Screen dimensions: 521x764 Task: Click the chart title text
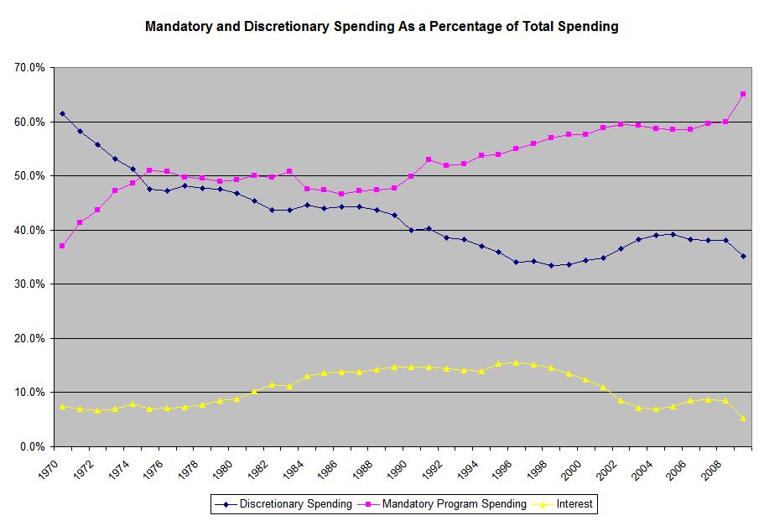pos(382,27)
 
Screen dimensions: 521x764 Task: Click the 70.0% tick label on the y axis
pos(29,68)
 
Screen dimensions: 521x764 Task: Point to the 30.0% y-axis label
pos(29,284)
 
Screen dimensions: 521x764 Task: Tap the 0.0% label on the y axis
pos(32,447)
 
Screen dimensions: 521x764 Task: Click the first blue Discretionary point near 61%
pos(63,113)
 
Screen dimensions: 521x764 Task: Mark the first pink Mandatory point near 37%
pos(63,246)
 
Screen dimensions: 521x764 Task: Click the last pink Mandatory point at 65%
pos(743,94)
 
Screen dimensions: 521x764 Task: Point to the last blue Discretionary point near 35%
pos(743,256)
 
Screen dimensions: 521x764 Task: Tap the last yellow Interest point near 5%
pos(743,418)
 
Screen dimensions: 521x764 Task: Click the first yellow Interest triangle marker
pos(63,406)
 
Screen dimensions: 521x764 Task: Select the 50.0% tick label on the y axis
pos(29,176)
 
